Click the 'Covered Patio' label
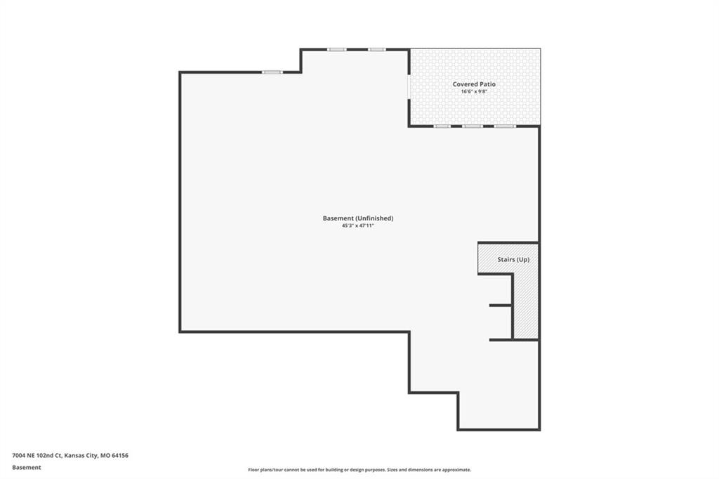point(474,84)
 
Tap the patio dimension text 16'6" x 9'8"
point(474,91)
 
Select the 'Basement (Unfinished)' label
point(358,218)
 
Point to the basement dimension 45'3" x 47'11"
point(358,225)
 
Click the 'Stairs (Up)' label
point(513,259)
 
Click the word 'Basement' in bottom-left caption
point(27,468)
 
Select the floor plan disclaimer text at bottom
point(359,470)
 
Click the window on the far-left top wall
point(272,72)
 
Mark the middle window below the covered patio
point(473,126)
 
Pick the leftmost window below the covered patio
point(442,126)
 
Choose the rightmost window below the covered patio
point(505,126)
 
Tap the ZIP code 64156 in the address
point(120,456)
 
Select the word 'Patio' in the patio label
point(487,84)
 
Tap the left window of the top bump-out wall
point(336,50)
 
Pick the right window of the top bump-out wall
point(377,50)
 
